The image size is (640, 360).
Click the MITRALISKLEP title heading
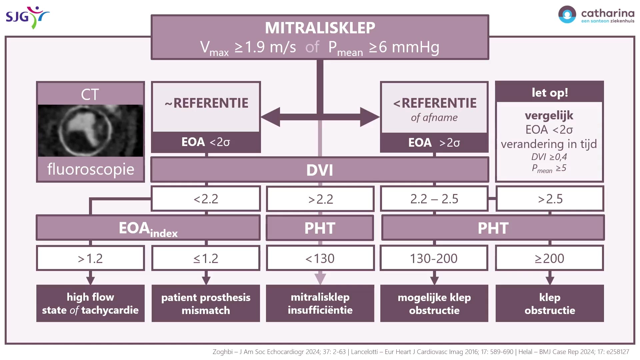coord(320,28)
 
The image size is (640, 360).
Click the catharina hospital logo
coord(596,15)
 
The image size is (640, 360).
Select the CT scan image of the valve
coord(90,131)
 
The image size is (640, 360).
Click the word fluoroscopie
coord(91,169)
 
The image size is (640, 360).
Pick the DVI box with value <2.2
coord(206,199)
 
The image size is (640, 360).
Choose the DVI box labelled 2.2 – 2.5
coord(434,199)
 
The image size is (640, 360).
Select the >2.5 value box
coord(550,199)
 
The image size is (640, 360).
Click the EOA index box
coord(148,228)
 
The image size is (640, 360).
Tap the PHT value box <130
coord(320,258)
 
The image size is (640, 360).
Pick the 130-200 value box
coord(434,258)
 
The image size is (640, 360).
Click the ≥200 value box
coord(550,258)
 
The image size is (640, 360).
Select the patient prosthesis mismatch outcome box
coord(206,303)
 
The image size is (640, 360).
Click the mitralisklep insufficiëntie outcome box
coord(320,303)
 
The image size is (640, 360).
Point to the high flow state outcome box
coord(90,303)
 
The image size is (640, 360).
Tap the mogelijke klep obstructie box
coord(434,303)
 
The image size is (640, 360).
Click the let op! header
coord(550,92)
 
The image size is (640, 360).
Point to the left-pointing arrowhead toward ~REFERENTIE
coord(270,117)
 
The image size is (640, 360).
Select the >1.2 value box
coord(90,258)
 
